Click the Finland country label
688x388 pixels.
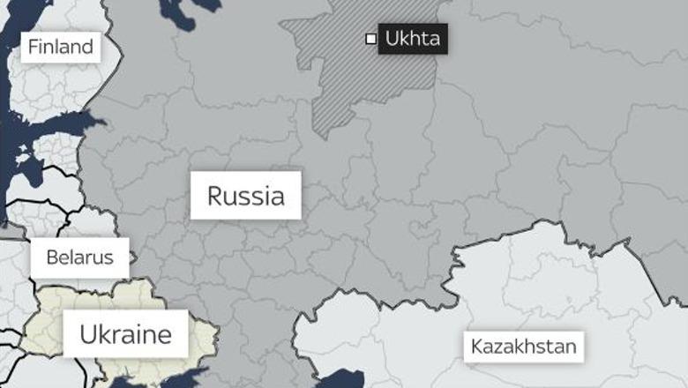pyautogui.click(x=60, y=48)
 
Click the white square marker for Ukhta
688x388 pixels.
pyautogui.click(x=370, y=39)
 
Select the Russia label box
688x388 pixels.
pyautogui.click(x=245, y=196)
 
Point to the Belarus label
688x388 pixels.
pyautogui.click(x=80, y=257)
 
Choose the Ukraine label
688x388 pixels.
pyautogui.click(x=124, y=334)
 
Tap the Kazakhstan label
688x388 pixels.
pyautogui.click(x=523, y=346)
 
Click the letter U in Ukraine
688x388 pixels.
pyautogui.click(x=87, y=334)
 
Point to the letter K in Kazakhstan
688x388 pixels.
pyautogui.click(x=476, y=346)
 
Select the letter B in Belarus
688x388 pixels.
pyautogui.click(x=52, y=257)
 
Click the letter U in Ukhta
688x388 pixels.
pyautogui.click(x=393, y=40)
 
